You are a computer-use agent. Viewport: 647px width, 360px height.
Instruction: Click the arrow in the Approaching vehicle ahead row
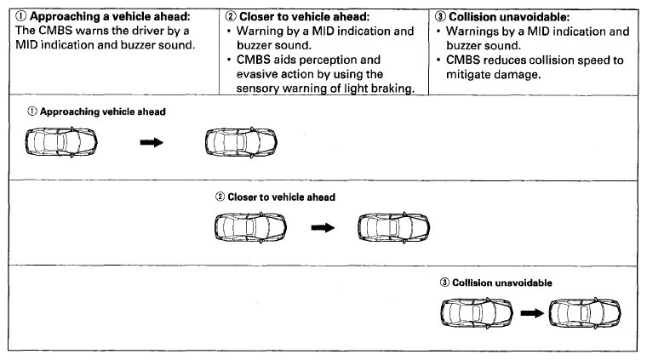point(152,143)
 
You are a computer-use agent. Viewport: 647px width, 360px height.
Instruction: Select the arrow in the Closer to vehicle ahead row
point(323,227)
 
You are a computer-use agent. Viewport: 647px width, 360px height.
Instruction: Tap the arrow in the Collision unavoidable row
point(532,313)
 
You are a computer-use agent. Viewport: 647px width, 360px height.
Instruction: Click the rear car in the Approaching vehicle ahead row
point(61,142)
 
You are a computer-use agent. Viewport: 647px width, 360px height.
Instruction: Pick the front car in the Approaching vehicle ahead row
point(242,143)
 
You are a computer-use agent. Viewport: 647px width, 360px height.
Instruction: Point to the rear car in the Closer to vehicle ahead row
point(250,227)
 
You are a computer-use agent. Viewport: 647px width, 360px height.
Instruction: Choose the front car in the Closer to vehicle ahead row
point(393,227)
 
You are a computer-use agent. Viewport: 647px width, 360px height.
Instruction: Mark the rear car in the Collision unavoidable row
point(477,313)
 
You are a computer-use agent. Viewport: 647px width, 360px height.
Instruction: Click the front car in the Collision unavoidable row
point(585,313)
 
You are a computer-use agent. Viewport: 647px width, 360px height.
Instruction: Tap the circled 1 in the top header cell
point(20,16)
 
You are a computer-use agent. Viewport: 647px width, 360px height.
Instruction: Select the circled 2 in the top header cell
point(231,16)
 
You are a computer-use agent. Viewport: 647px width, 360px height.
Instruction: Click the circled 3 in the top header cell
point(440,17)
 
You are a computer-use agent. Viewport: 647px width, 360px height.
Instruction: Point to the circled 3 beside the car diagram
point(444,283)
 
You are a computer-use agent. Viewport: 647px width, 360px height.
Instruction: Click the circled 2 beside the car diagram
point(220,197)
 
